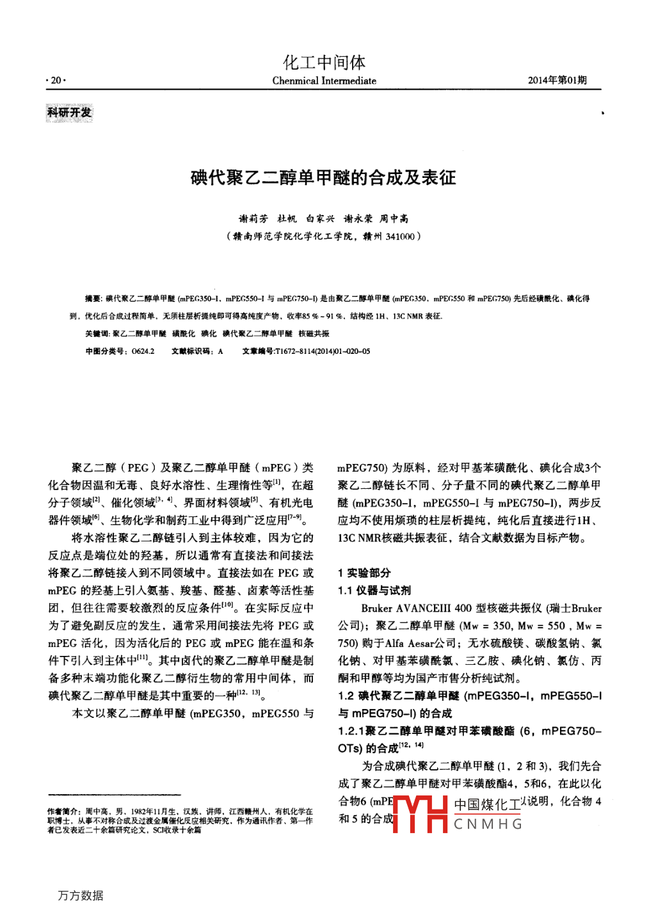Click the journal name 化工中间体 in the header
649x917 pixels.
tap(324, 62)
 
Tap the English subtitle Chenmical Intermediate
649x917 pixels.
tap(324, 81)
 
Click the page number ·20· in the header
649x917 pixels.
tap(56, 81)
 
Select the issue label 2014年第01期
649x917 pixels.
tap(557, 80)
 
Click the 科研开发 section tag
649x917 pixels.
tap(69, 113)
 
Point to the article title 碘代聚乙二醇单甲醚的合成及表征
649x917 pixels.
tap(323, 177)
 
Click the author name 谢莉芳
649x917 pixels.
tap(253, 219)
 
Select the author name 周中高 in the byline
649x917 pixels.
tap(394, 219)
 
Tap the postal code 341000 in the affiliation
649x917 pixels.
tap(400, 236)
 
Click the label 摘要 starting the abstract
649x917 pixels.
tap(93, 299)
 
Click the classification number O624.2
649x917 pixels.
tap(143, 351)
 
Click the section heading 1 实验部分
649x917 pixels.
tap(364, 573)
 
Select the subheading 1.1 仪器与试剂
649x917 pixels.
tap(374, 590)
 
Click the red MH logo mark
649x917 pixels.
tap(420, 814)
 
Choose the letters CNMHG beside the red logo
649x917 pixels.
tap(488, 824)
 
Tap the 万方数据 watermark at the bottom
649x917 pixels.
tap(81, 895)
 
